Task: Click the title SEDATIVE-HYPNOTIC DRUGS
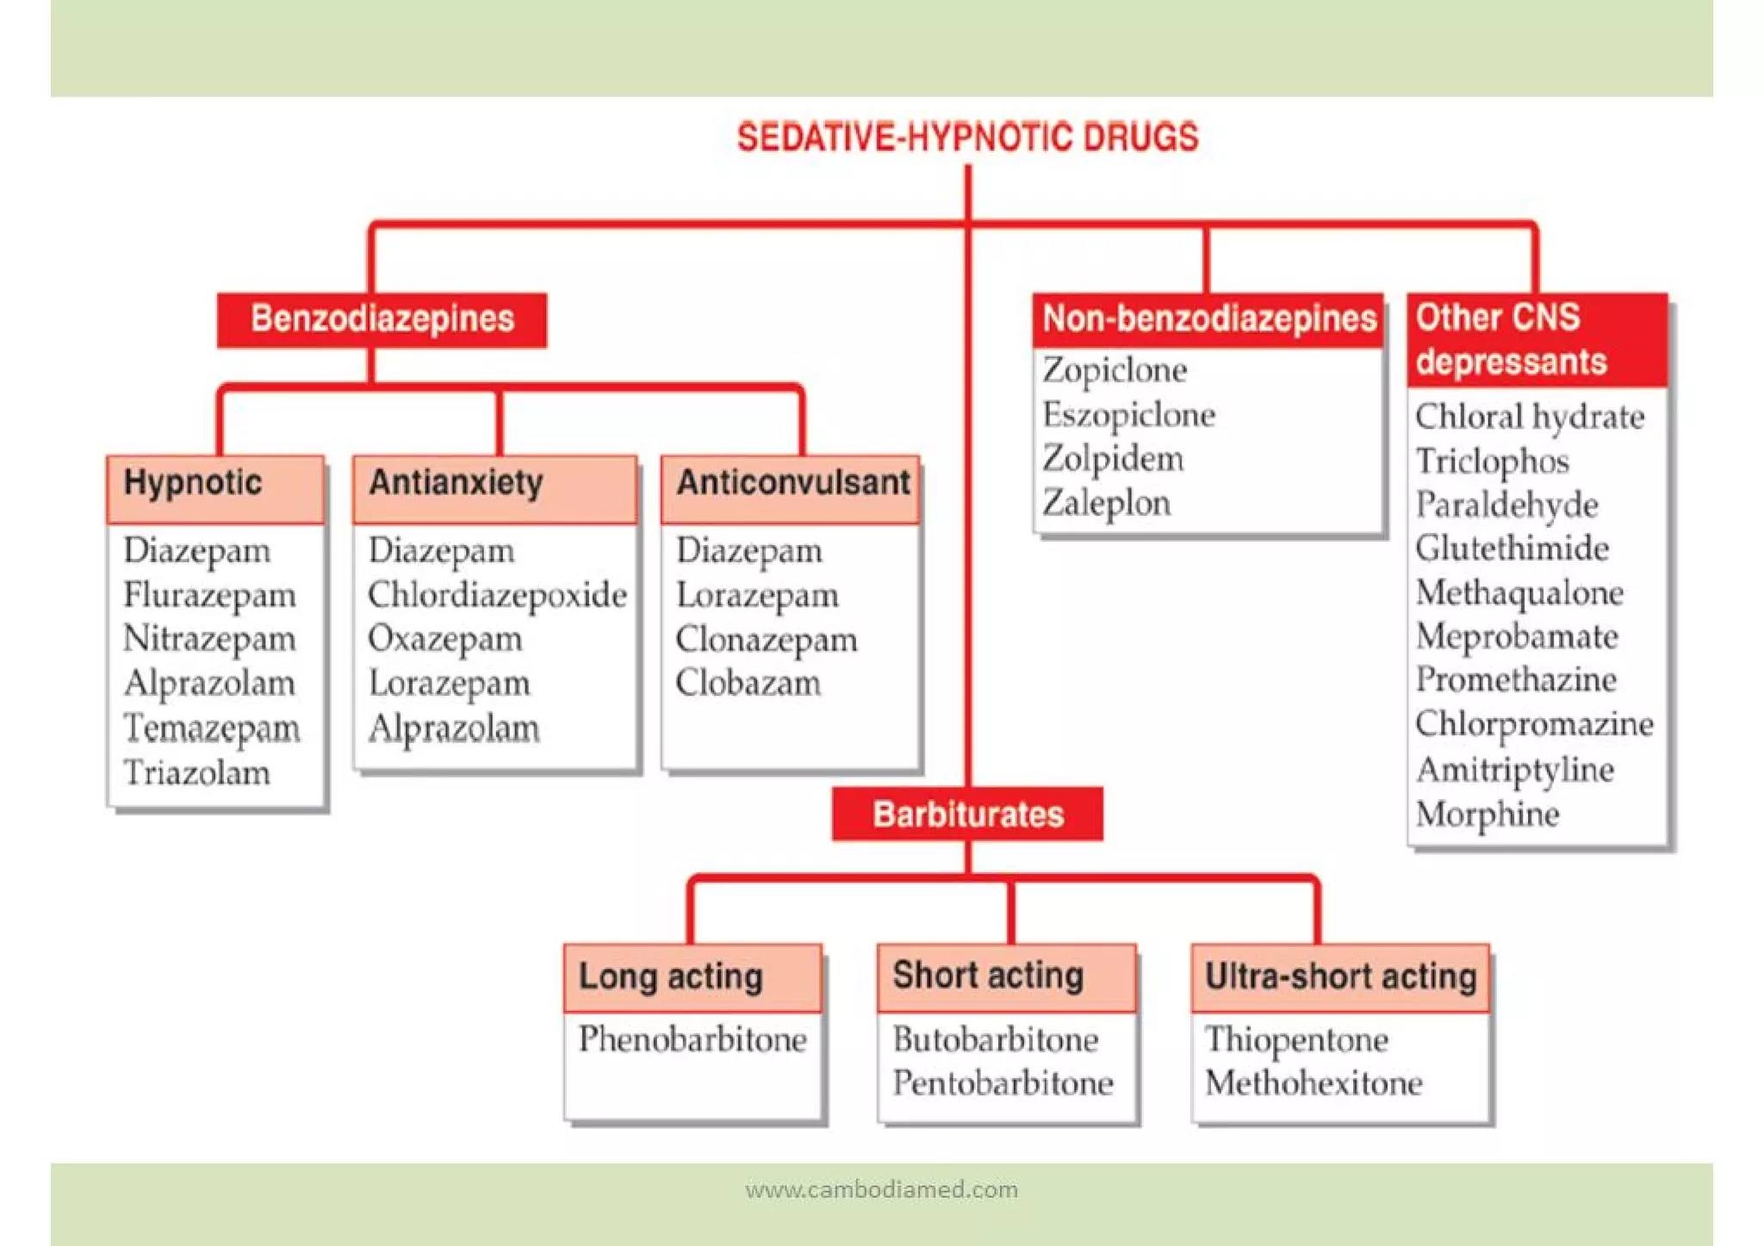point(967,138)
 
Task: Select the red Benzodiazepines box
point(382,319)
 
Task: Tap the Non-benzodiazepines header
point(1208,319)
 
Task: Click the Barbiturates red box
point(967,815)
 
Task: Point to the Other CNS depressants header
point(1537,340)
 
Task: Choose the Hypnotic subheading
point(193,483)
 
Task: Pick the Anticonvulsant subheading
point(792,483)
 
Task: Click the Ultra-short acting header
point(1340,976)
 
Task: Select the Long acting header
point(671,976)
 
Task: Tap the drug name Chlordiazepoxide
point(497,595)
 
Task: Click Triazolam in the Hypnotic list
point(196,772)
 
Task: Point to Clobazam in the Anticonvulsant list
point(748,683)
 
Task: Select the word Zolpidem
point(1113,458)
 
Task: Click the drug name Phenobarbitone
point(693,1039)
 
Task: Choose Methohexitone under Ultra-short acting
point(1313,1083)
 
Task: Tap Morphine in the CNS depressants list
point(1487,814)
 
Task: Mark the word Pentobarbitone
point(1003,1083)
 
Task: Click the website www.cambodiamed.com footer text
point(881,1190)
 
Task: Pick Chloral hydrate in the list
point(1530,417)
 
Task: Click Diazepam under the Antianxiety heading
point(441,551)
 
